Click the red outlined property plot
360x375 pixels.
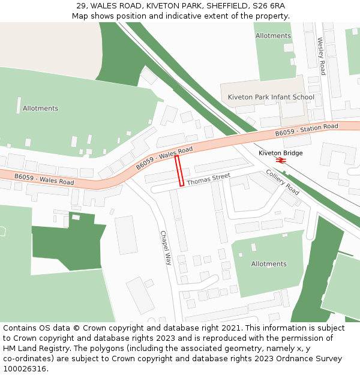[179, 171]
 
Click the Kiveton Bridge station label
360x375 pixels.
[280, 153]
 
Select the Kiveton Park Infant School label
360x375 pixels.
[271, 97]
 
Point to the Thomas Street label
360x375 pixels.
[208, 179]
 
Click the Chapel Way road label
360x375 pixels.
[166, 248]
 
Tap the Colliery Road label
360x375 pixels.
[283, 182]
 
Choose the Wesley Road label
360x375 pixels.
[321, 56]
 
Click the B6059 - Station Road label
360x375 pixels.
[307, 130]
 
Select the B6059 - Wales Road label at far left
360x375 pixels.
[44, 179]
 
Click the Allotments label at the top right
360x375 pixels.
[273, 36]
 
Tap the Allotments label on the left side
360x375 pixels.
[40, 109]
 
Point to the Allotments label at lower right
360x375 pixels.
[268, 264]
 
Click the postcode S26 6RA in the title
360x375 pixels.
[268, 6]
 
